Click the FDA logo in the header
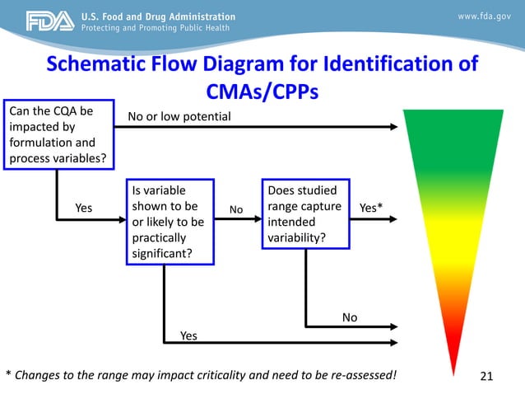[x=50, y=22]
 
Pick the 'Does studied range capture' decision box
[x=305, y=213]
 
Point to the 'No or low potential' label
[x=179, y=117]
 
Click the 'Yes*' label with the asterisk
[x=371, y=208]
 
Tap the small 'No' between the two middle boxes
[x=236, y=210]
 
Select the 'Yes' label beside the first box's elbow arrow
[x=84, y=208]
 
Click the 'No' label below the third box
[x=350, y=317]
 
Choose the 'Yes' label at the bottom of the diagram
[x=188, y=335]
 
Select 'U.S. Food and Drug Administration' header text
[x=170, y=16]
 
